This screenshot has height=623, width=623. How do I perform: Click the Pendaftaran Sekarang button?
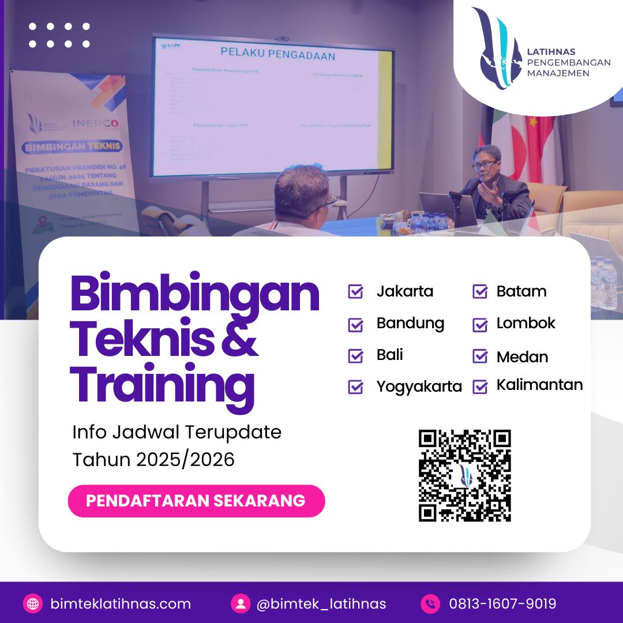(x=196, y=501)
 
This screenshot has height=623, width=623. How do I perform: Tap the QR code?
(x=464, y=476)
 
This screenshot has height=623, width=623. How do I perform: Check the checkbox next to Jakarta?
(x=355, y=292)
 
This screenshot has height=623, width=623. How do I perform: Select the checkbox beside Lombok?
(x=480, y=325)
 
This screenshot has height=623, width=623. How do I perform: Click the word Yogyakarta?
(x=419, y=386)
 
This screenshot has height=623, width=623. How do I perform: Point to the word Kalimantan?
(x=539, y=385)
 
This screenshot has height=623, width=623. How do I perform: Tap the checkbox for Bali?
(x=355, y=356)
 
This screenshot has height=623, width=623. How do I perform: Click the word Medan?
(x=522, y=357)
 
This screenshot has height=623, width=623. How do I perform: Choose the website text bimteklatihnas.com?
(x=121, y=604)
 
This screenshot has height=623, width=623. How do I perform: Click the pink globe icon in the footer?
(x=33, y=604)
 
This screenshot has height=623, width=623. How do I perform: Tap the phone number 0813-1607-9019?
(x=502, y=604)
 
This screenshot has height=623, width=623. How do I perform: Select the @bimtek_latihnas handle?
(x=321, y=604)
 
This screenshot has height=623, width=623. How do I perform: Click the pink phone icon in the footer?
(x=430, y=604)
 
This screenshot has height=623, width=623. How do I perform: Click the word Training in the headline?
(x=162, y=382)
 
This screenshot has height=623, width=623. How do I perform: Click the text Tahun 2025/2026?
(x=153, y=460)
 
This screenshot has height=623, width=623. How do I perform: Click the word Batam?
(x=521, y=291)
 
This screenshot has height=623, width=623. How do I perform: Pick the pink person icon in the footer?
(x=239, y=604)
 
